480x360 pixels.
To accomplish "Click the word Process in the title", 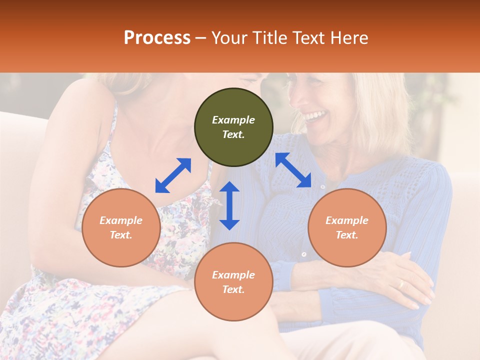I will pyautogui.click(x=157, y=38).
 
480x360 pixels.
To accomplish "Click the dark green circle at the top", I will pyautogui.click(x=233, y=127).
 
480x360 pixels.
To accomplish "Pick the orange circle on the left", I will pyautogui.click(x=121, y=228).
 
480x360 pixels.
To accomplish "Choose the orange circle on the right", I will pyautogui.click(x=347, y=228).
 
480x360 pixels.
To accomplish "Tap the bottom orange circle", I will pyautogui.click(x=233, y=282).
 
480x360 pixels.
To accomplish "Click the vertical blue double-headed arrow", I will pyautogui.click(x=229, y=205).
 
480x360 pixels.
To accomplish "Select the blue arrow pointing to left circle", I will pyautogui.click(x=173, y=175).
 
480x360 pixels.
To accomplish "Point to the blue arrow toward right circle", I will pyautogui.click(x=293, y=170).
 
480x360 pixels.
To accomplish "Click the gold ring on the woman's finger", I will pyautogui.click(x=400, y=284).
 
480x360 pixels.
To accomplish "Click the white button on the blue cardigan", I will pyautogui.click(x=303, y=254).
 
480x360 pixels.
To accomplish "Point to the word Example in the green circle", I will pyautogui.click(x=233, y=120).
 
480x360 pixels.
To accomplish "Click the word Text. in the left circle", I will pyautogui.click(x=121, y=235).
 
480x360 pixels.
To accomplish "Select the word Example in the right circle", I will pyautogui.click(x=347, y=220).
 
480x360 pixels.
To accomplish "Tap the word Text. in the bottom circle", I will pyautogui.click(x=233, y=289).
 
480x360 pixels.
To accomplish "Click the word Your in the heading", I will pyautogui.click(x=229, y=38).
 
